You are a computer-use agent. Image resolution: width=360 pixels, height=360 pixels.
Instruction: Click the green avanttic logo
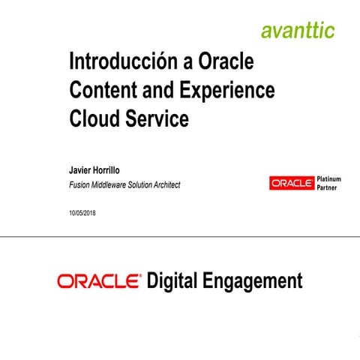click(x=298, y=31)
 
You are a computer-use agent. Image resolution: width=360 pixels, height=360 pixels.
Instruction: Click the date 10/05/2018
click(x=82, y=213)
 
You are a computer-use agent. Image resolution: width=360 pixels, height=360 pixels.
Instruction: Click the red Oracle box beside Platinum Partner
click(x=292, y=183)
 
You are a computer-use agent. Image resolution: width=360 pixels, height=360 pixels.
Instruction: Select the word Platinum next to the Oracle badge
click(x=330, y=179)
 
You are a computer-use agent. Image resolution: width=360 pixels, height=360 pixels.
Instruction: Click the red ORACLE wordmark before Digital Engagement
click(x=98, y=282)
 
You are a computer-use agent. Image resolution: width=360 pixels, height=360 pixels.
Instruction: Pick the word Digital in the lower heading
click(x=172, y=282)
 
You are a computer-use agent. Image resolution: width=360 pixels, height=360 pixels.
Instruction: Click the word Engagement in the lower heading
click(x=253, y=283)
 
